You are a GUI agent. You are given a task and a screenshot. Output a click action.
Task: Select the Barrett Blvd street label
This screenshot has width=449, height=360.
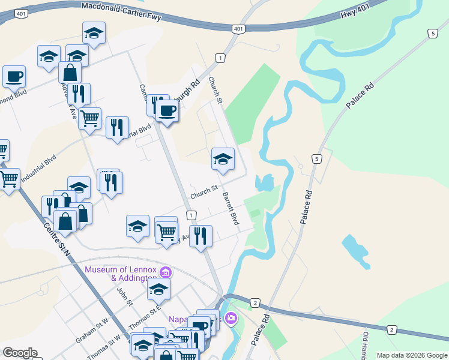click(231, 209)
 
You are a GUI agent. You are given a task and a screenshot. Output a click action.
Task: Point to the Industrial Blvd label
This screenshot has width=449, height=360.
click(38, 170)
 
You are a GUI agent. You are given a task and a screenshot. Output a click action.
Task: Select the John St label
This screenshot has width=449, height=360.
click(124, 296)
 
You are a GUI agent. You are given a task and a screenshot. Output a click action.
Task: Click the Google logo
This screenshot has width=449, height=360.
click(20, 353)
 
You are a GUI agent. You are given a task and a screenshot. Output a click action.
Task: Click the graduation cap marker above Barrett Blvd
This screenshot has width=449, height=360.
click(223, 160)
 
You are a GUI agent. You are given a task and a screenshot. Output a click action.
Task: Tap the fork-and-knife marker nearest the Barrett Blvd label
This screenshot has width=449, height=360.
click(200, 236)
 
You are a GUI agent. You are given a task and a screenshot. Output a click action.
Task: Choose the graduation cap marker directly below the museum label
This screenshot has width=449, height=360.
click(158, 290)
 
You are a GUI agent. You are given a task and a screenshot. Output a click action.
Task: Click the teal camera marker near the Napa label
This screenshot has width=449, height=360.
click(232, 318)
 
